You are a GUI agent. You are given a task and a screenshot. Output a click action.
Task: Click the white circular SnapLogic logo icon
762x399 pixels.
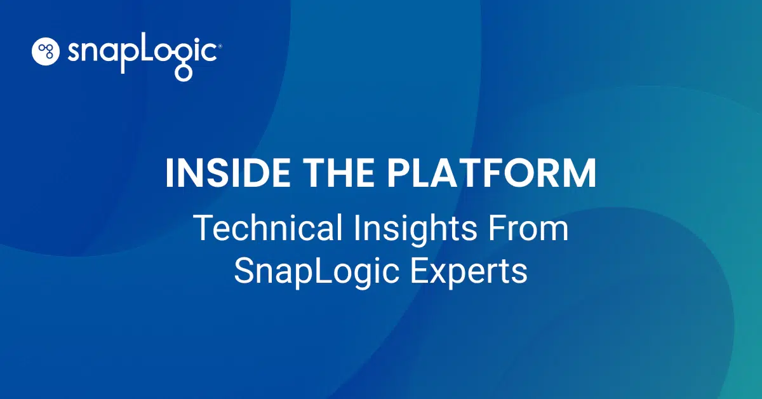[45, 51]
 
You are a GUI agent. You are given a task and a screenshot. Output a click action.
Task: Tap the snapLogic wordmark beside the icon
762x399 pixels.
[143, 53]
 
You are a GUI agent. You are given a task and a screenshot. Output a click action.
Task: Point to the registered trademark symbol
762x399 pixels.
[219, 46]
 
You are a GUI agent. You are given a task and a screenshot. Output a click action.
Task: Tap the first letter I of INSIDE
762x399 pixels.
[169, 173]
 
